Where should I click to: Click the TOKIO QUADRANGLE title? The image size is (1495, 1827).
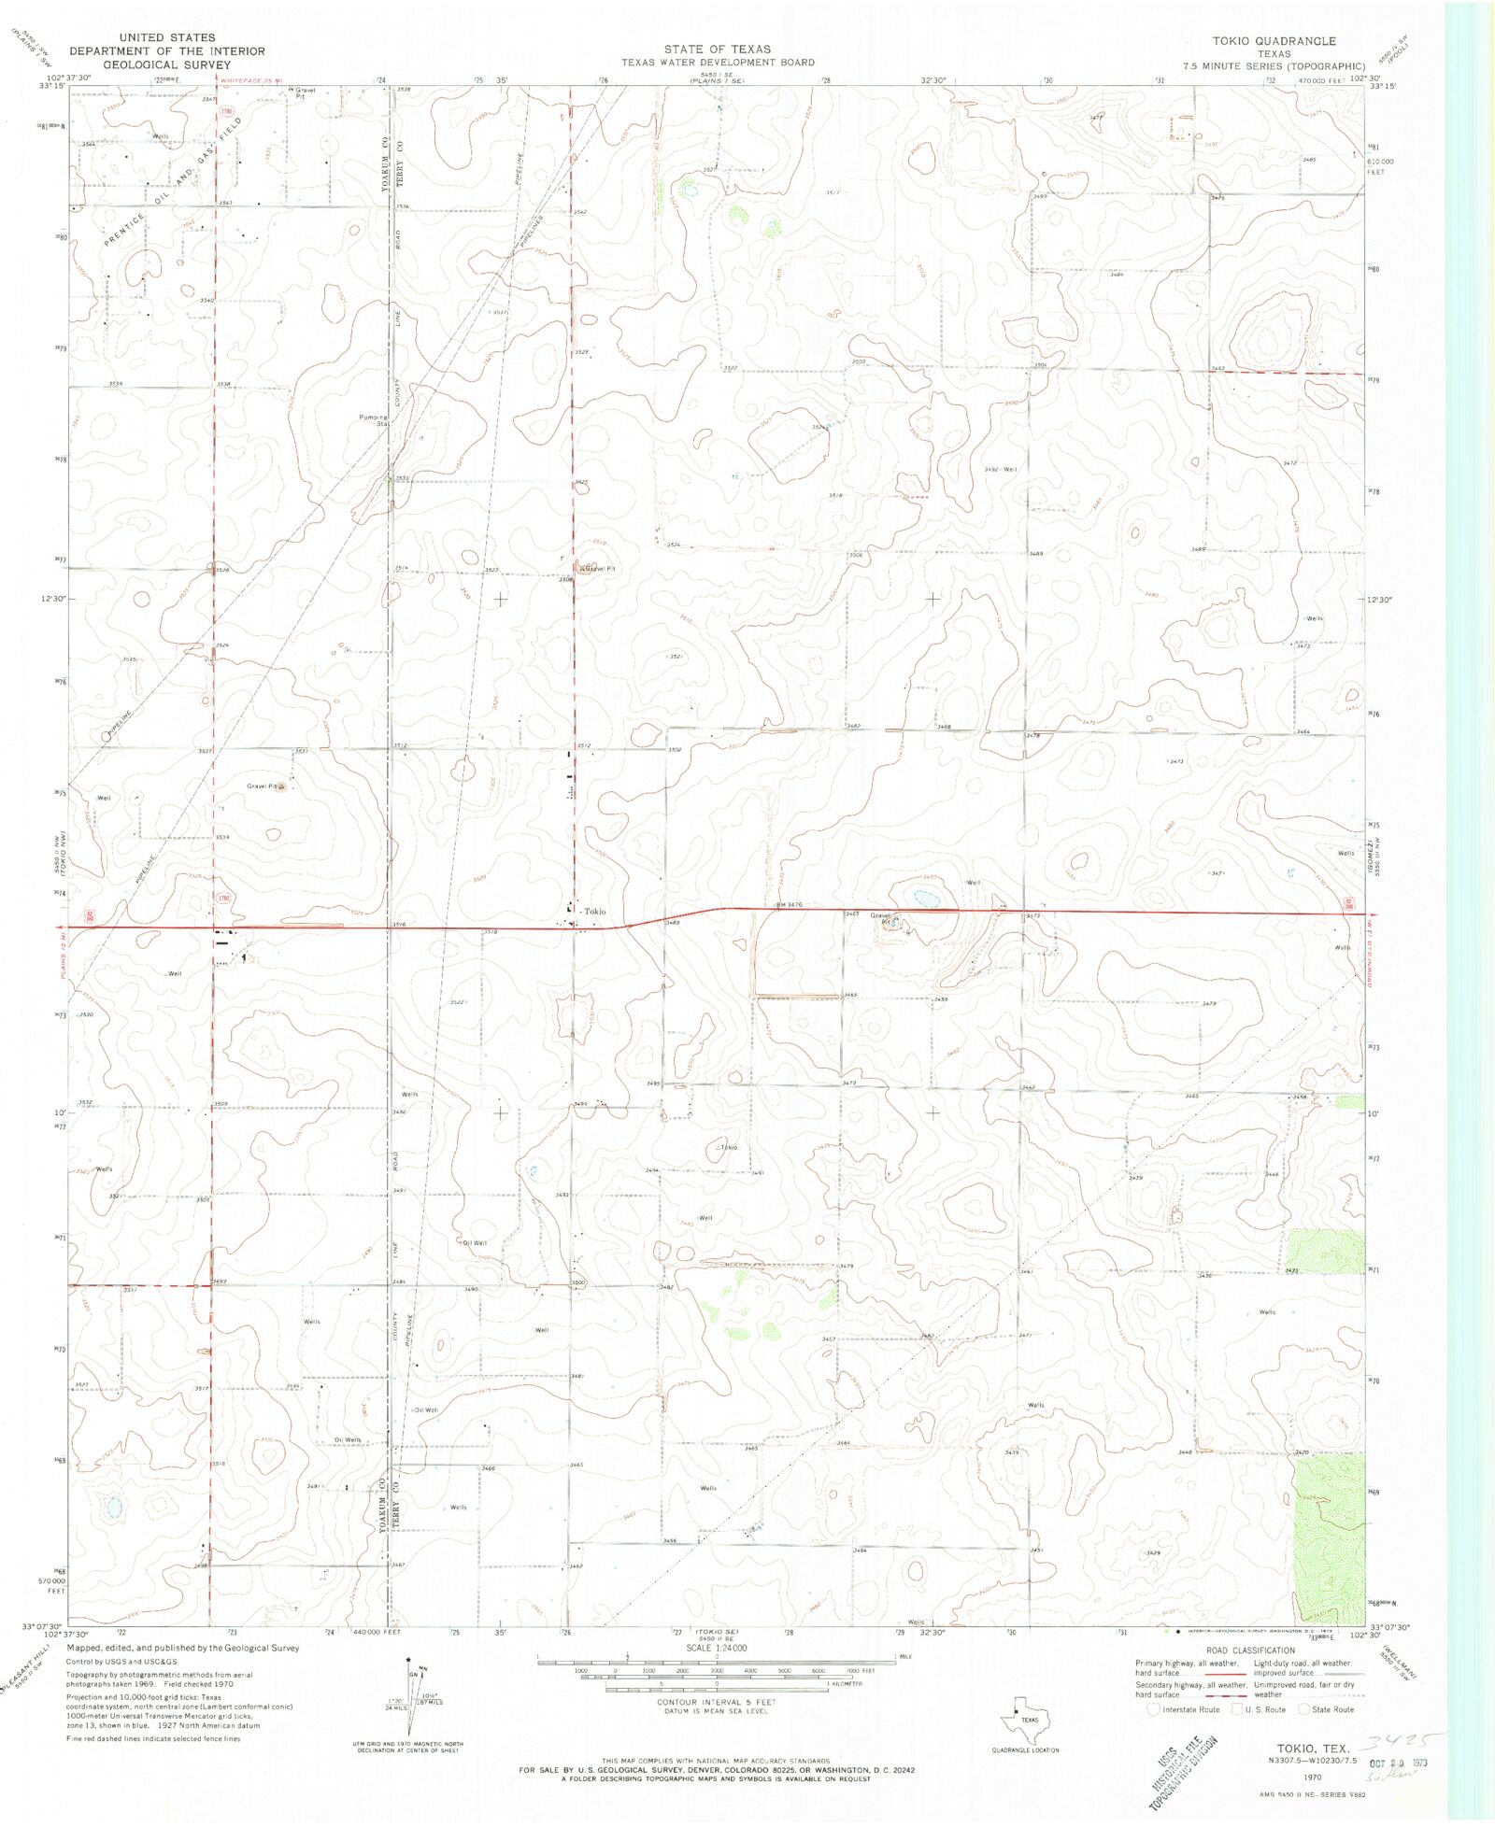click(1274, 41)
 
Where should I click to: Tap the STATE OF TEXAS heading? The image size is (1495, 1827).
click(718, 49)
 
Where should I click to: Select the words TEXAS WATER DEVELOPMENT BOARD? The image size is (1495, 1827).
click(718, 63)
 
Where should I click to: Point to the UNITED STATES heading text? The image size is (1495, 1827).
click(167, 38)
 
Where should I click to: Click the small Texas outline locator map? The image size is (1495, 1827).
click(1027, 1719)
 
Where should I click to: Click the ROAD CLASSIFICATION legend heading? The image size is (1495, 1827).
click(1250, 1650)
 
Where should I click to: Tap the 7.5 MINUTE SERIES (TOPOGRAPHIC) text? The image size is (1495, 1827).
click(1274, 66)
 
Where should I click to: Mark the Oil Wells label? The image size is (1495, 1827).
click(348, 1440)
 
